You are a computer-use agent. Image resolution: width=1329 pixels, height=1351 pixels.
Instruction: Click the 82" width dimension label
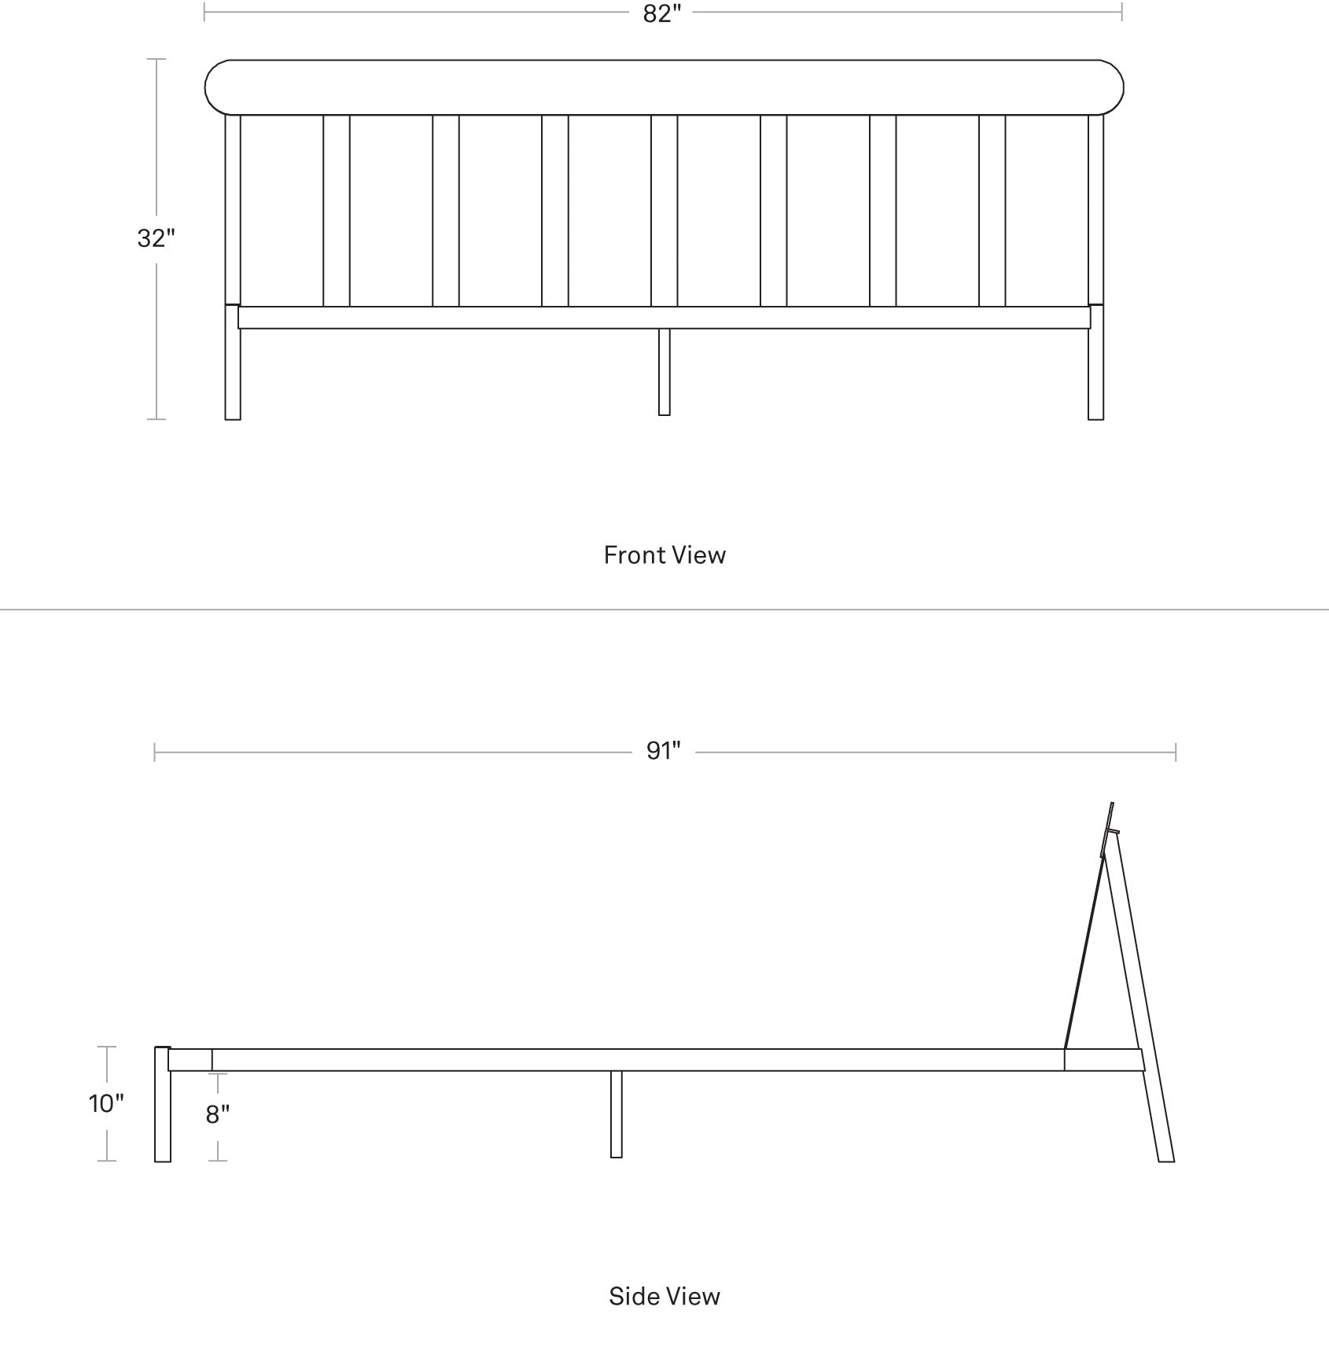point(662,13)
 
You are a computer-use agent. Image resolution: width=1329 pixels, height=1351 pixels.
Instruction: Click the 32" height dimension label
point(156,237)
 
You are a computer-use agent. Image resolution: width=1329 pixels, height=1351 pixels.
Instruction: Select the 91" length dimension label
point(663,751)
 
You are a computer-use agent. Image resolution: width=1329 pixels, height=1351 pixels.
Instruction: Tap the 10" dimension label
point(106,1103)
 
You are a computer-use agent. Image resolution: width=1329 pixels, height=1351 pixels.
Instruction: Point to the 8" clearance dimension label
point(218,1114)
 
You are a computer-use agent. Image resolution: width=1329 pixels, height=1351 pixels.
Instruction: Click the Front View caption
point(664,555)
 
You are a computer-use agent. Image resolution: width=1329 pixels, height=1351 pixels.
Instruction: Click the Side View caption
point(664,1296)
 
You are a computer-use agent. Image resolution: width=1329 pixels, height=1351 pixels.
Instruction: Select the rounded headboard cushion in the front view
point(664,87)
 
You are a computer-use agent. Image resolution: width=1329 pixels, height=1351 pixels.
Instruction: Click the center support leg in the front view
point(664,371)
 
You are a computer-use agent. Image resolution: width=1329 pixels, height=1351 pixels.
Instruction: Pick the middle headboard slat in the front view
point(664,211)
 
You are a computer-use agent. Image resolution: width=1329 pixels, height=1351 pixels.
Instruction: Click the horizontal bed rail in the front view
point(664,318)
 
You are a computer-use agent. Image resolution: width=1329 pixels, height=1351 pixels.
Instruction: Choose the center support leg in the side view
point(616,1114)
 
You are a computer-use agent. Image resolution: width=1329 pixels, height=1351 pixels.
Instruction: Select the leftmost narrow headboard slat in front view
point(337,211)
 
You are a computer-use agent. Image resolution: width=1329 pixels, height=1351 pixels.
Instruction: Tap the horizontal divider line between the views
point(664,609)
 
